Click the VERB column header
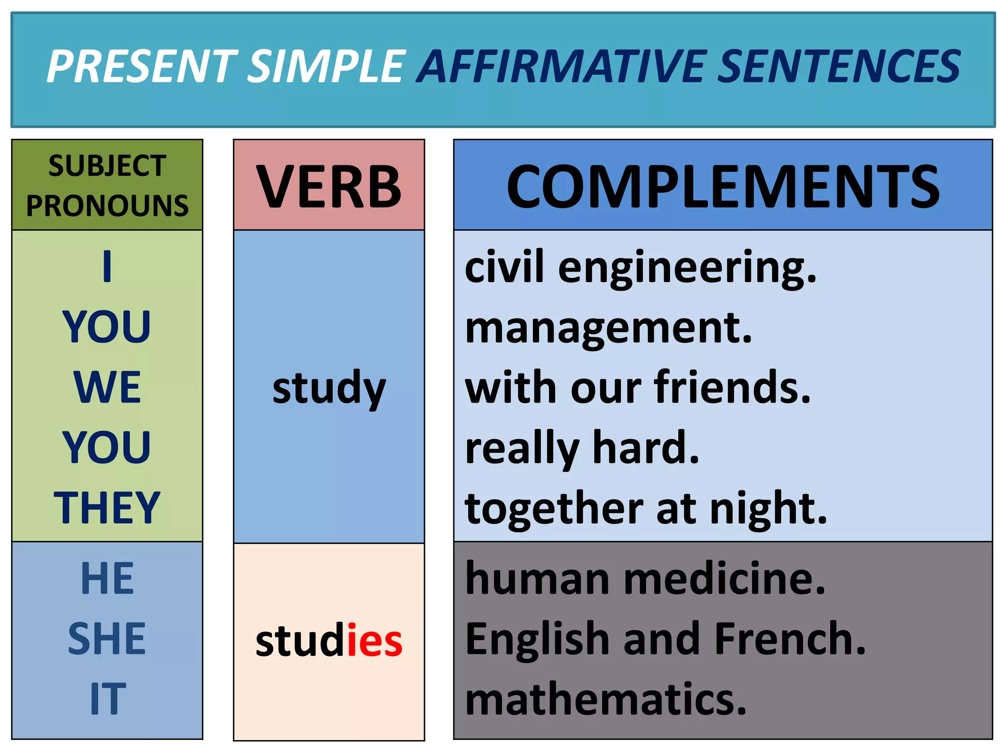(x=329, y=187)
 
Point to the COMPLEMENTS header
(x=723, y=187)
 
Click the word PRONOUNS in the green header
(x=107, y=206)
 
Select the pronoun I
(x=107, y=267)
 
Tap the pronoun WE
(x=107, y=387)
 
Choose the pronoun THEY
(x=107, y=508)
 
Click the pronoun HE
(x=107, y=579)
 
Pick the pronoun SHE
(x=107, y=639)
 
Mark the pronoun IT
(x=107, y=699)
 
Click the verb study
(x=329, y=388)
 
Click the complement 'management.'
(x=608, y=328)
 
